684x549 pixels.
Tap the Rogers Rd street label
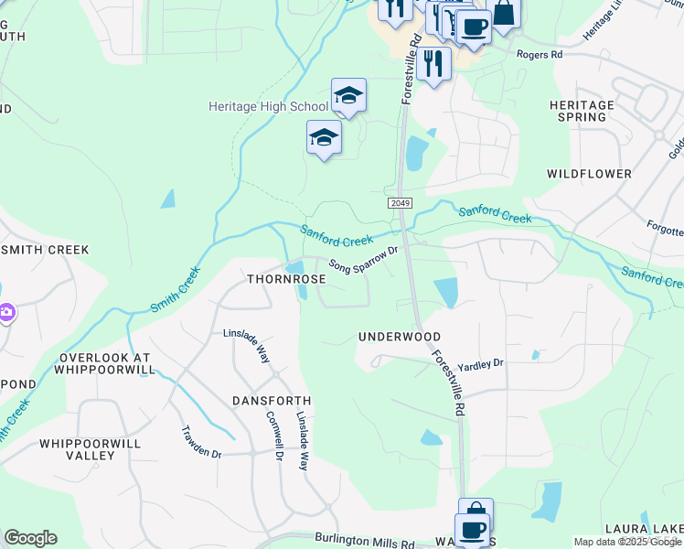[539, 55]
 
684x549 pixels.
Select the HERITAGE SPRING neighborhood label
[582, 112]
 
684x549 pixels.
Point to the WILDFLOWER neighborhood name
[589, 173]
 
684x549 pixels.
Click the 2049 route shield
[399, 203]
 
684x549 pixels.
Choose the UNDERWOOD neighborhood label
[400, 338]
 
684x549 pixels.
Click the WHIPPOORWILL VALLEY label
[90, 448]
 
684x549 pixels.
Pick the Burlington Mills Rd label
[365, 542]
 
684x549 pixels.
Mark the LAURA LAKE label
[644, 530]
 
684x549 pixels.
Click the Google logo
[30, 538]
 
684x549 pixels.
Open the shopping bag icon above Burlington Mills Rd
[476, 511]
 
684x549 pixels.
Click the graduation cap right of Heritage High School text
[348, 94]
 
